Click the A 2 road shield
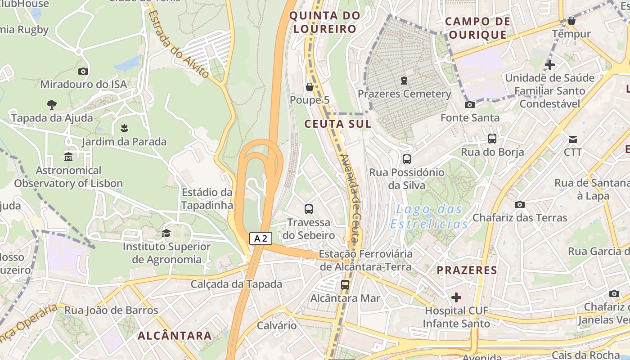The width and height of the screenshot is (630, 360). pyautogui.click(x=261, y=238)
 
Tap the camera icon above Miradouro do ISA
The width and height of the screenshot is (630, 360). pyautogui.click(x=83, y=71)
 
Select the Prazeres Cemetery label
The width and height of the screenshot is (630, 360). pyautogui.click(x=404, y=94)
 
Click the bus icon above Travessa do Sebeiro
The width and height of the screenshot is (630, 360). pyautogui.click(x=309, y=209)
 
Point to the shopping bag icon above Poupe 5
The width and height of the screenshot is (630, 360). pyautogui.click(x=309, y=86)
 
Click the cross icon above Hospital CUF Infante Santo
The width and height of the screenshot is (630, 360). pyautogui.click(x=456, y=297)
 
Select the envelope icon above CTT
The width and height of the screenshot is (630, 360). pyautogui.click(x=573, y=139)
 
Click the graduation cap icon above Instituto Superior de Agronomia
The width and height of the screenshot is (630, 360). pyautogui.click(x=166, y=233)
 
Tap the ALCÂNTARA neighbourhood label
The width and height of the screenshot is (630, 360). pyautogui.click(x=175, y=335)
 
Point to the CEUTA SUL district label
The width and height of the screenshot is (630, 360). pyautogui.click(x=338, y=124)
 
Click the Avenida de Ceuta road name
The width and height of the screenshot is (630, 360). pyautogui.click(x=352, y=198)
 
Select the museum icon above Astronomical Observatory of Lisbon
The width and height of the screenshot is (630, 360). pyautogui.click(x=68, y=157)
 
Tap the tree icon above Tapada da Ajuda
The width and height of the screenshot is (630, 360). pyautogui.click(x=52, y=105)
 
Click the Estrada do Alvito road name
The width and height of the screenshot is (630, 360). pyautogui.click(x=178, y=44)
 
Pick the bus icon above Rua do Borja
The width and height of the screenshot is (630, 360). pyautogui.click(x=492, y=139)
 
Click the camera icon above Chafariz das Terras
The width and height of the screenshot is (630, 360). pyautogui.click(x=520, y=204)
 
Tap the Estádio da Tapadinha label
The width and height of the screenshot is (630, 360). pyautogui.click(x=207, y=199)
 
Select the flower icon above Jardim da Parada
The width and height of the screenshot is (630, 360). pyautogui.click(x=124, y=128)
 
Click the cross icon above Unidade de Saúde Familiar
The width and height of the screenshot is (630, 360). pyautogui.click(x=549, y=65)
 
